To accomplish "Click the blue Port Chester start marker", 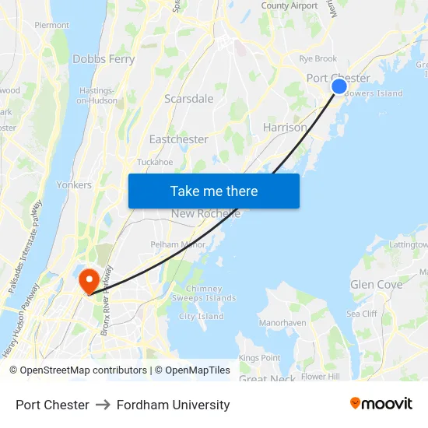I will (339, 86).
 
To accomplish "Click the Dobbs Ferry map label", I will (103, 59).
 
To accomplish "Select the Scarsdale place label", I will (188, 99).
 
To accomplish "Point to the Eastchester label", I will (178, 139).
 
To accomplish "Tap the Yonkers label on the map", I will (74, 185).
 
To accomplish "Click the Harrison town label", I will (285, 127).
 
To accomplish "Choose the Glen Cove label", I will (377, 285).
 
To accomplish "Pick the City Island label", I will (202, 317).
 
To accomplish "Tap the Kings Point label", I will (259, 358).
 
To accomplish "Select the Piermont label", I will (51, 25).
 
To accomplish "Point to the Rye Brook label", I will (318, 59).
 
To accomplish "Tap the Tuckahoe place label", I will (154, 162).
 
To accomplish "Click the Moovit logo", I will (381, 404).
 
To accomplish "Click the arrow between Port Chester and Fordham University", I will (103, 405).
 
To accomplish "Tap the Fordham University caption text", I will (173, 405).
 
